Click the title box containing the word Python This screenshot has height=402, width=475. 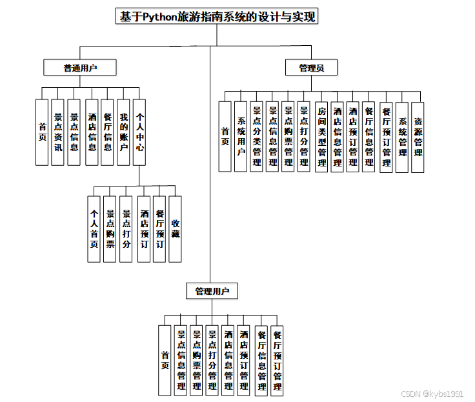click(x=217, y=17)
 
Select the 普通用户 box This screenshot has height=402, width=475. click(x=81, y=67)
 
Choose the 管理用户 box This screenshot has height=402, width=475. click(x=212, y=291)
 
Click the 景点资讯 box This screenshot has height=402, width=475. click(x=58, y=132)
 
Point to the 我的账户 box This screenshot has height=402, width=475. click(x=124, y=132)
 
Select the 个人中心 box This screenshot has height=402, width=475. click(x=139, y=132)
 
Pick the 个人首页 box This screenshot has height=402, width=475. click(x=94, y=229)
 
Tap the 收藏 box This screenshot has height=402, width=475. click(x=175, y=229)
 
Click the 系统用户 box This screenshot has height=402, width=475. click(x=241, y=136)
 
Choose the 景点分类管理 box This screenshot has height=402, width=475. click(x=256, y=136)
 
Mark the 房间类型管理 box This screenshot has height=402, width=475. click(x=321, y=136)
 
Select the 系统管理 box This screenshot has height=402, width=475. click(x=402, y=136)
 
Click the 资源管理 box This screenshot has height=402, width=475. click(x=418, y=136)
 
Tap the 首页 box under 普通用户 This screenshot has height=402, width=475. click(x=42, y=132)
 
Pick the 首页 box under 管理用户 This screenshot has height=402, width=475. click(x=165, y=360)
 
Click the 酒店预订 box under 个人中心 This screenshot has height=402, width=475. click(x=143, y=229)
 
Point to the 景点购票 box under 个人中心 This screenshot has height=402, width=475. click(x=110, y=229)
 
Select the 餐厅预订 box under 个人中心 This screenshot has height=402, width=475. click(x=159, y=229)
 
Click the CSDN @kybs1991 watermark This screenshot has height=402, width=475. click(x=432, y=393)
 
